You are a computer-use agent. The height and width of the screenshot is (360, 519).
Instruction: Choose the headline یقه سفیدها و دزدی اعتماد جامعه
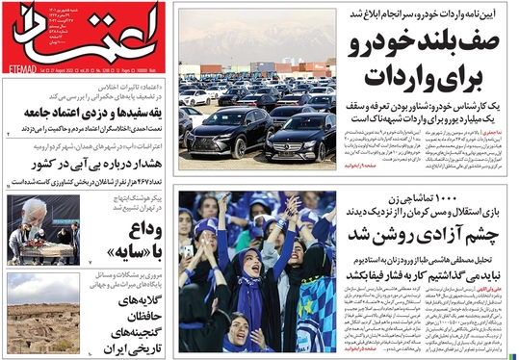click(x=88, y=112)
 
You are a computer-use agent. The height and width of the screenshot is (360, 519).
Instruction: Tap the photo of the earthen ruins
click(x=42, y=313)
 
